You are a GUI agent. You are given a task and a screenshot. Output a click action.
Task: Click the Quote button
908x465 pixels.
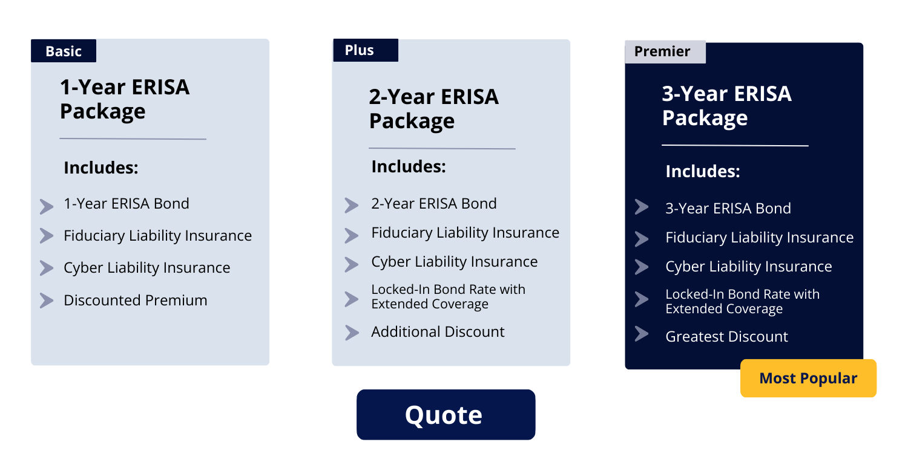pyautogui.click(x=446, y=414)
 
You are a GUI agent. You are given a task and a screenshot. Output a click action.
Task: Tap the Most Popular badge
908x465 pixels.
pyautogui.click(x=808, y=378)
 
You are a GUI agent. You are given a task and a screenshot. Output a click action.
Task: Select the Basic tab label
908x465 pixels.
pyautogui.click(x=64, y=51)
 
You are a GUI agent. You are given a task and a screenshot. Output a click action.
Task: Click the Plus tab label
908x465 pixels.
pyautogui.click(x=366, y=50)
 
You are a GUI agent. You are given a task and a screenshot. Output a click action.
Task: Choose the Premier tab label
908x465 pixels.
pyautogui.click(x=665, y=51)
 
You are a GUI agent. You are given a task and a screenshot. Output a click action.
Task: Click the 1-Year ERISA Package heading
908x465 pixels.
pyautogui.click(x=125, y=99)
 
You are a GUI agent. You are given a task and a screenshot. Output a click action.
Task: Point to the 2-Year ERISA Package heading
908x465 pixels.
pyautogui.click(x=434, y=109)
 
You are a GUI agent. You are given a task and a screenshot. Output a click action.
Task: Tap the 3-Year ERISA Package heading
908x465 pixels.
pyautogui.click(x=726, y=105)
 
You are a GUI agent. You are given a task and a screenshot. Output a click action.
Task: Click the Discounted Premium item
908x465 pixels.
pyautogui.click(x=136, y=300)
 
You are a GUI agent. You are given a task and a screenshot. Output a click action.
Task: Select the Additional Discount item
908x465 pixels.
pyautogui.click(x=438, y=332)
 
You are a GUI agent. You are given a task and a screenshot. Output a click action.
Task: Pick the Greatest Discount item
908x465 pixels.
pyautogui.click(x=726, y=337)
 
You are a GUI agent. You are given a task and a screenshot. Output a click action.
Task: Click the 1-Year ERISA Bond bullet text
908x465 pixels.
pyautogui.click(x=127, y=203)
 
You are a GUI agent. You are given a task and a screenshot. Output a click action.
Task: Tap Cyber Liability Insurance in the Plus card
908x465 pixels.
pyautogui.click(x=455, y=262)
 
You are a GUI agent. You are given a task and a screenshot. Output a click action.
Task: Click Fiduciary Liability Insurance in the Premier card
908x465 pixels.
pyautogui.click(x=759, y=238)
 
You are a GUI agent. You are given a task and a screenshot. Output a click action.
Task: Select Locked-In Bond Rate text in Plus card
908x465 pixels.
pyautogui.click(x=449, y=296)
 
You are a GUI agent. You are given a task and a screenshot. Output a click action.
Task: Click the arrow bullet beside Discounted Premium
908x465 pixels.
pyautogui.click(x=47, y=301)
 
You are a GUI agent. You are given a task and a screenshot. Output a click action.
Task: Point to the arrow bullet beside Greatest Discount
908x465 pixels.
pyautogui.click(x=642, y=334)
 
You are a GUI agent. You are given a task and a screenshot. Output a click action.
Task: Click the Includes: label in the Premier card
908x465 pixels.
pyautogui.click(x=702, y=171)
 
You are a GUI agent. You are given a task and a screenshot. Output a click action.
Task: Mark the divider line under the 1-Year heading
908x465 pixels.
pyautogui.click(x=133, y=139)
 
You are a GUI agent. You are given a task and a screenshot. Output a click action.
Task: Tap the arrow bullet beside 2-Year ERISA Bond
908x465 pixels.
pyautogui.click(x=352, y=206)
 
